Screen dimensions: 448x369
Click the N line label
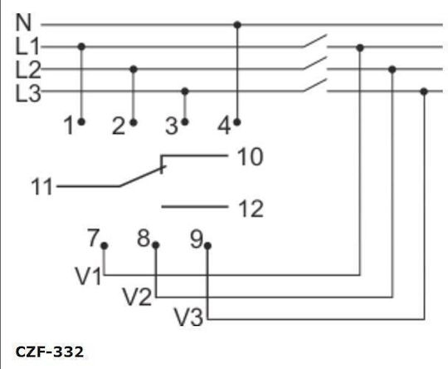pyautogui.click(x=23, y=22)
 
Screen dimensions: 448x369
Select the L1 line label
pyautogui.click(x=27, y=46)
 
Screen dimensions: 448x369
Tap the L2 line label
pyautogui.click(x=28, y=70)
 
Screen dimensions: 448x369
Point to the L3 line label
pyautogui.click(x=28, y=93)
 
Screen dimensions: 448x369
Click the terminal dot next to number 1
pyautogui.click(x=81, y=122)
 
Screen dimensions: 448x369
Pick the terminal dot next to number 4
pyautogui.click(x=236, y=122)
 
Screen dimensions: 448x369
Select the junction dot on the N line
pyautogui.click(x=237, y=25)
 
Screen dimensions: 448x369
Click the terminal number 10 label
pyautogui.click(x=250, y=157)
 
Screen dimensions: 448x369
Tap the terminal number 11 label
pyautogui.click(x=41, y=187)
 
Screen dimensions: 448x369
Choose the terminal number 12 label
pyautogui.click(x=251, y=209)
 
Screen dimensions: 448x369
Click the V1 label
pyautogui.click(x=88, y=276)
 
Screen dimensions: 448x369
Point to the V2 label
pyautogui.click(x=138, y=297)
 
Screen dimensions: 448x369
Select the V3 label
pyautogui.click(x=189, y=317)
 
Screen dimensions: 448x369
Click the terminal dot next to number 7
pyautogui.click(x=105, y=246)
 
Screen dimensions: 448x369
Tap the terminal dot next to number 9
pyautogui.click(x=207, y=246)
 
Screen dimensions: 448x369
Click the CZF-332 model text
pyautogui.click(x=50, y=352)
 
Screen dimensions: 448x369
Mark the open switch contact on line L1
pyautogui.click(x=314, y=41)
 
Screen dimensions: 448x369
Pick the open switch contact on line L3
pyautogui.click(x=314, y=85)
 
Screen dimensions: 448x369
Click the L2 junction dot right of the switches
pyautogui.click(x=392, y=69)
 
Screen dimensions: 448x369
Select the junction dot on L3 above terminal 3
pyautogui.click(x=185, y=91)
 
